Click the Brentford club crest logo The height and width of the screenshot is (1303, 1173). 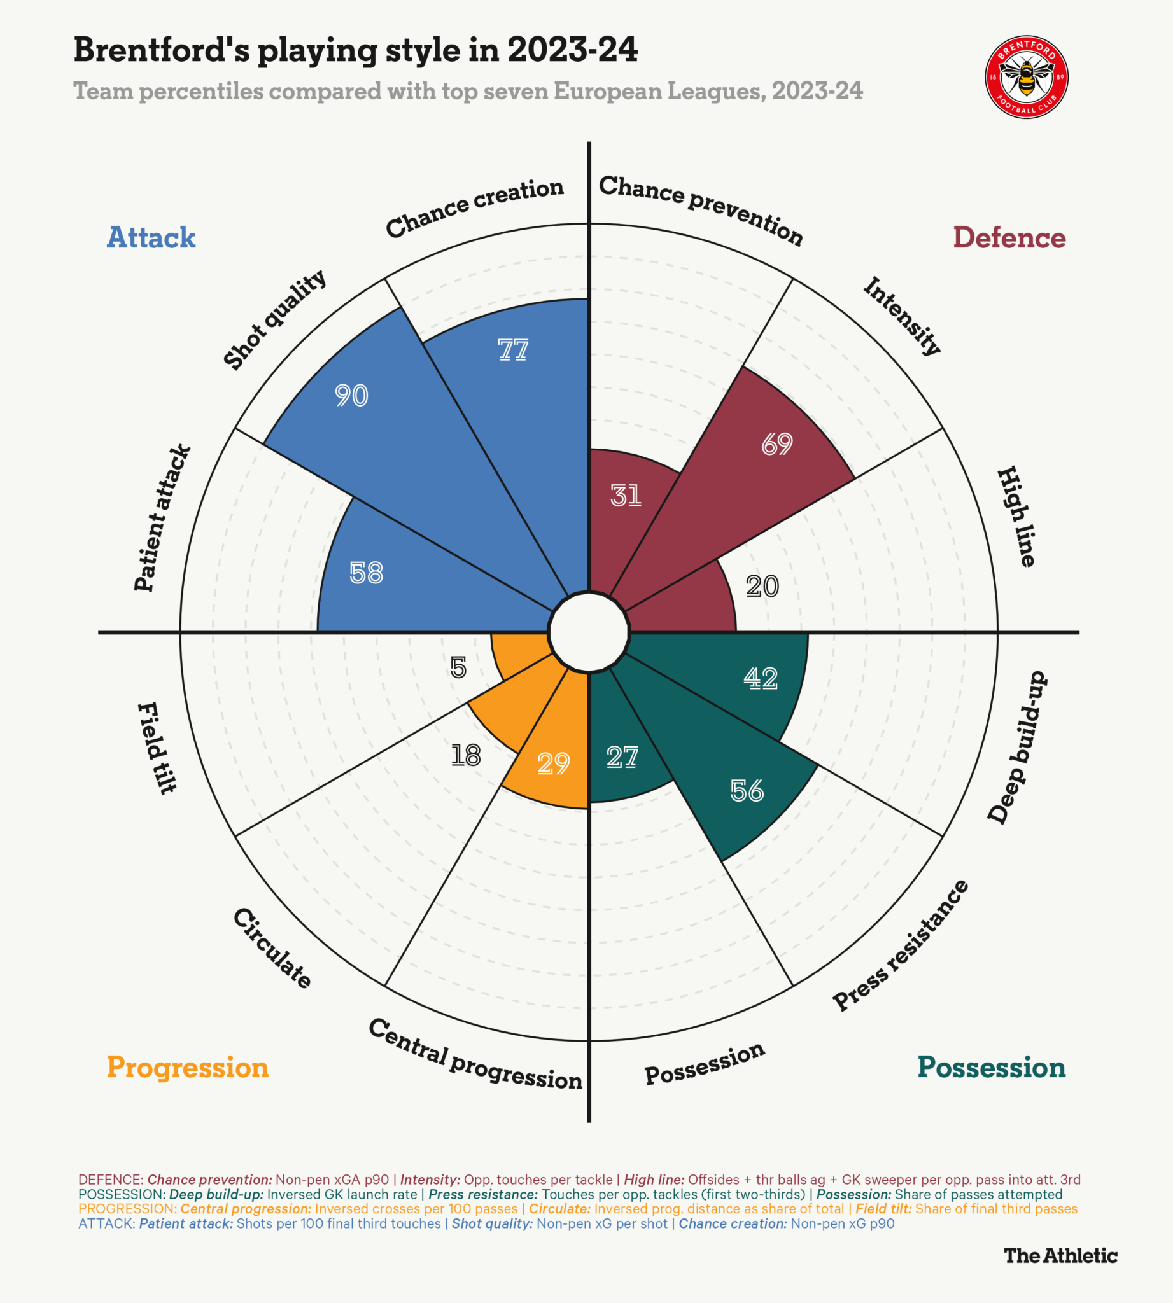(x=1027, y=77)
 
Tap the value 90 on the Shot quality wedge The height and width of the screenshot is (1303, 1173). (x=351, y=395)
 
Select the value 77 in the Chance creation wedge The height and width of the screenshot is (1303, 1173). (x=513, y=350)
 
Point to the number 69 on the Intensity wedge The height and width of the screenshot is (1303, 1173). (x=776, y=444)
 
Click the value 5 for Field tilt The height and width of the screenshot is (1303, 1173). (x=458, y=667)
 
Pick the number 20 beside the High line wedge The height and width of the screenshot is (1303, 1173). (x=762, y=587)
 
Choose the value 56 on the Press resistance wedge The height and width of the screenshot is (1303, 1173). (x=747, y=791)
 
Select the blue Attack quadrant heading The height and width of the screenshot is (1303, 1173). (x=151, y=237)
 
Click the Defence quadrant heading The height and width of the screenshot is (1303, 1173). (x=1009, y=237)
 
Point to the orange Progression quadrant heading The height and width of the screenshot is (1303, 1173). (x=188, y=1066)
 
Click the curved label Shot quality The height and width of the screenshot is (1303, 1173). (x=275, y=319)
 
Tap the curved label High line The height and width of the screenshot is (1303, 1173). (x=1016, y=516)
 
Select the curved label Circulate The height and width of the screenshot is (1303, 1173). (x=272, y=947)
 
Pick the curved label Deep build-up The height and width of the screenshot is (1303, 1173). (x=1018, y=747)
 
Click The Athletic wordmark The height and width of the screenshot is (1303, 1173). (x=1060, y=1255)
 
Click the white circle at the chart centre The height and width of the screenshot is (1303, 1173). (x=589, y=632)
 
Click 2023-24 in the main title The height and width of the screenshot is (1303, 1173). (x=572, y=50)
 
